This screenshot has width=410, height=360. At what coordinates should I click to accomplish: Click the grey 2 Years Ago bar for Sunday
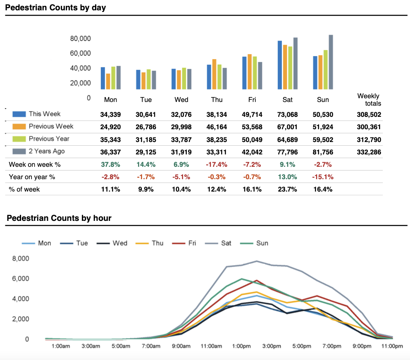click(331, 62)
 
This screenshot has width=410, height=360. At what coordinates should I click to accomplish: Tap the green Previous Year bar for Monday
click(113, 78)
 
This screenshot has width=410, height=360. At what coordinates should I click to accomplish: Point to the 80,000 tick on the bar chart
click(81, 39)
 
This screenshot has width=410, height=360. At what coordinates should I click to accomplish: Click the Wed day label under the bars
click(181, 100)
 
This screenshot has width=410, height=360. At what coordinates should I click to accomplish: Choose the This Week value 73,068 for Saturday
click(287, 114)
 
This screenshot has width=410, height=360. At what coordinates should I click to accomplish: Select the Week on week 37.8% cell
click(110, 164)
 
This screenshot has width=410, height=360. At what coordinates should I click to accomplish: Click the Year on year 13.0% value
click(287, 177)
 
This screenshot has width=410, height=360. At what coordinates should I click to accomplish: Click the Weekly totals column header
click(369, 100)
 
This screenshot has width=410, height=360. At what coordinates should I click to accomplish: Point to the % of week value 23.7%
click(287, 189)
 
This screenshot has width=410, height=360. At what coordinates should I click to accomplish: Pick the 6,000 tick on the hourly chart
click(20, 279)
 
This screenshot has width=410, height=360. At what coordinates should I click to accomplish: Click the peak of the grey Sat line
click(257, 261)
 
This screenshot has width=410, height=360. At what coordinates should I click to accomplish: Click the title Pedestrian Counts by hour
click(59, 218)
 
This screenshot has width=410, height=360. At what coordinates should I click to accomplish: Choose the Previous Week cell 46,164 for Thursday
click(217, 127)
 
